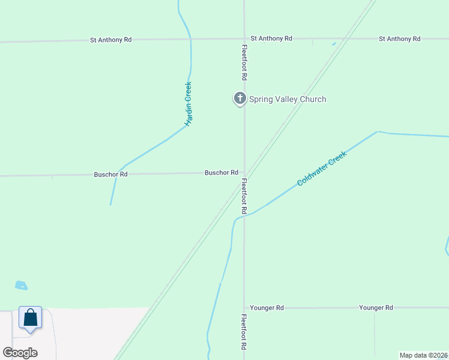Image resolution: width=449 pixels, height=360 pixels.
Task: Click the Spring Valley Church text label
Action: click(x=288, y=99)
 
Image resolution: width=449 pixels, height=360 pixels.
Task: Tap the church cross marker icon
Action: click(x=240, y=98)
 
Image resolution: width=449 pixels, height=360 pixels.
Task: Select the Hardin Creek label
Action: click(x=188, y=104)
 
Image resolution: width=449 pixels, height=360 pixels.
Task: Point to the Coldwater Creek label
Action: click(x=322, y=168)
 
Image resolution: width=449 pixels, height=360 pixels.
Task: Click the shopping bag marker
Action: click(x=30, y=317)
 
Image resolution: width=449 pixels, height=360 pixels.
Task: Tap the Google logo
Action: click(x=20, y=353)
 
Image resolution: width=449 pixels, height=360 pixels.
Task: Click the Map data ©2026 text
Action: click(x=424, y=355)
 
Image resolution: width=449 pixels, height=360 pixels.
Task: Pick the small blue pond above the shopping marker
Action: click(x=21, y=286)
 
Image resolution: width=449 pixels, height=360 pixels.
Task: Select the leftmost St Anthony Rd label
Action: click(x=110, y=40)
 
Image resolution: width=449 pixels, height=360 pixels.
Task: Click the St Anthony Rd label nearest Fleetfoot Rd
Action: click(x=271, y=38)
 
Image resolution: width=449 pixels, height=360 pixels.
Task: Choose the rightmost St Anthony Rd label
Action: click(x=399, y=39)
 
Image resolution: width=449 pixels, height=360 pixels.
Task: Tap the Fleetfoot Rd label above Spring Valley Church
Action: click(x=244, y=63)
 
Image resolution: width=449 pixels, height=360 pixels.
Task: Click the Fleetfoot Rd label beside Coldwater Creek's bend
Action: click(x=244, y=196)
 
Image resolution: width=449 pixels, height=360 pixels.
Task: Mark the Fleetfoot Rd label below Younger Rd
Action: click(x=244, y=332)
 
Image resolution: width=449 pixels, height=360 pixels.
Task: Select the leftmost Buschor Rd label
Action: click(x=110, y=175)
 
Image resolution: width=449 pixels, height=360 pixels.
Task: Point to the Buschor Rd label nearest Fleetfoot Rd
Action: click(x=221, y=173)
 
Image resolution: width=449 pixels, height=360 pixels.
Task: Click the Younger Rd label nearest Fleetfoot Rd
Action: click(x=267, y=308)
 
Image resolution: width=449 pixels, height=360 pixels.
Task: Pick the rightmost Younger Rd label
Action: click(x=376, y=308)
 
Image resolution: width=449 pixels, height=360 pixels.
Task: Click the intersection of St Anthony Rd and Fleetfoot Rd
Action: click(x=244, y=39)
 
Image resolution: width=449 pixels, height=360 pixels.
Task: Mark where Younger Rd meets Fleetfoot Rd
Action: click(x=244, y=308)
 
